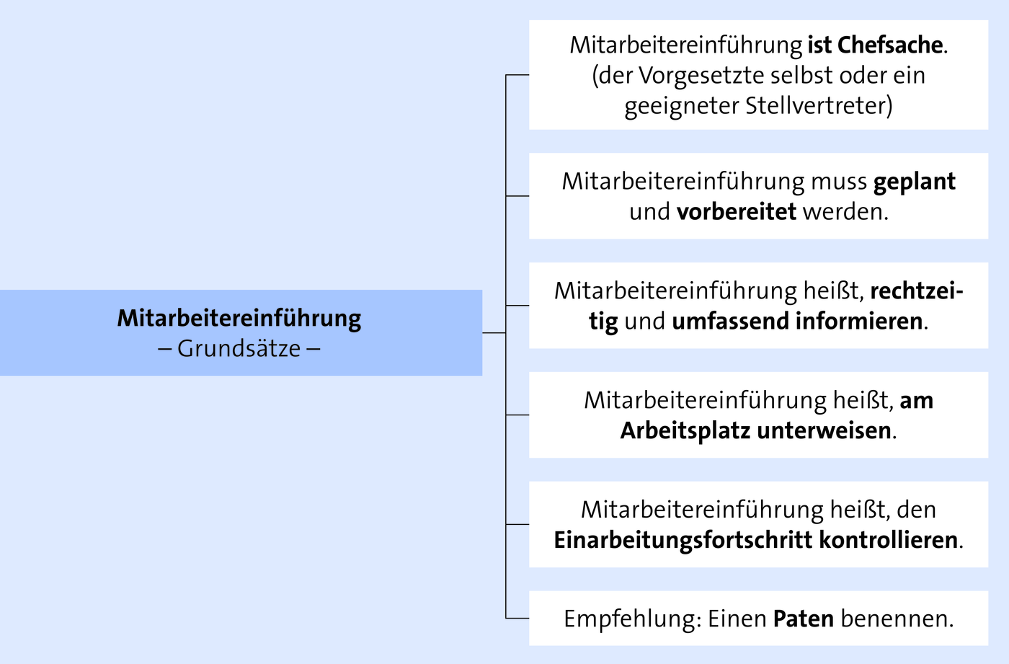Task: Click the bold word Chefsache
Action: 890,45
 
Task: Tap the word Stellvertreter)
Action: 819,106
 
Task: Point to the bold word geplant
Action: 915,182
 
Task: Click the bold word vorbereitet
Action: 737,212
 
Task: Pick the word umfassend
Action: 730,322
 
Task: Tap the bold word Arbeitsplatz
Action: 685,430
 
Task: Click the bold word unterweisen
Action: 824,430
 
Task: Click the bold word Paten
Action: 804,619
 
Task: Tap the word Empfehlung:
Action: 633,619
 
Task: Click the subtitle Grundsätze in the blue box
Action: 239,349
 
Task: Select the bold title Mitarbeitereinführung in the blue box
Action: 239,319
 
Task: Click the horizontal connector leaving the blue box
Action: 494,333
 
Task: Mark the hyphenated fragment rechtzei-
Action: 917,291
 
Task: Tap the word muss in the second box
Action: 839,182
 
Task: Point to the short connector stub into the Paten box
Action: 517,618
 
